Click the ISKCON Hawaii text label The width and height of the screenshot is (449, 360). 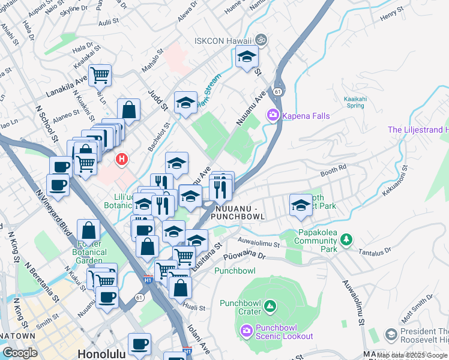pyautogui.click(x=222, y=41)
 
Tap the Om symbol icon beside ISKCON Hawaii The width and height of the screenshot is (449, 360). pyautogui.click(x=261, y=40)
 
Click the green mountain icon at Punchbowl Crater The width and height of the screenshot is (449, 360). pyautogui.click(x=271, y=307)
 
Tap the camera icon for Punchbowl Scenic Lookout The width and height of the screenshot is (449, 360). pyautogui.click(x=246, y=331)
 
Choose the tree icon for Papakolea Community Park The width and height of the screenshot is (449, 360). pyautogui.click(x=346, y=241)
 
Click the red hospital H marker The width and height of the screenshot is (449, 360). pyautogui.click(x=122, y=159)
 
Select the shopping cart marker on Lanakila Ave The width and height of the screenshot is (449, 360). pyautogui.click(x=100, y=75)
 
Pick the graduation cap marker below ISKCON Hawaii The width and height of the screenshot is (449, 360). pyautogui.click(x=247, y=58)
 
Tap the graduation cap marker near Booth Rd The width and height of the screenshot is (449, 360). pyautogui.click(x=301, y=205)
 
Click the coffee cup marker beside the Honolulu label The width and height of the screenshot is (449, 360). pyautogui.click(x=139, y=344)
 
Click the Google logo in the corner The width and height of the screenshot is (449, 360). pyautogui.click(x=20, y=353)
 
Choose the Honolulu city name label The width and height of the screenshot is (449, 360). pyautogui.click(x=100, y=354)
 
